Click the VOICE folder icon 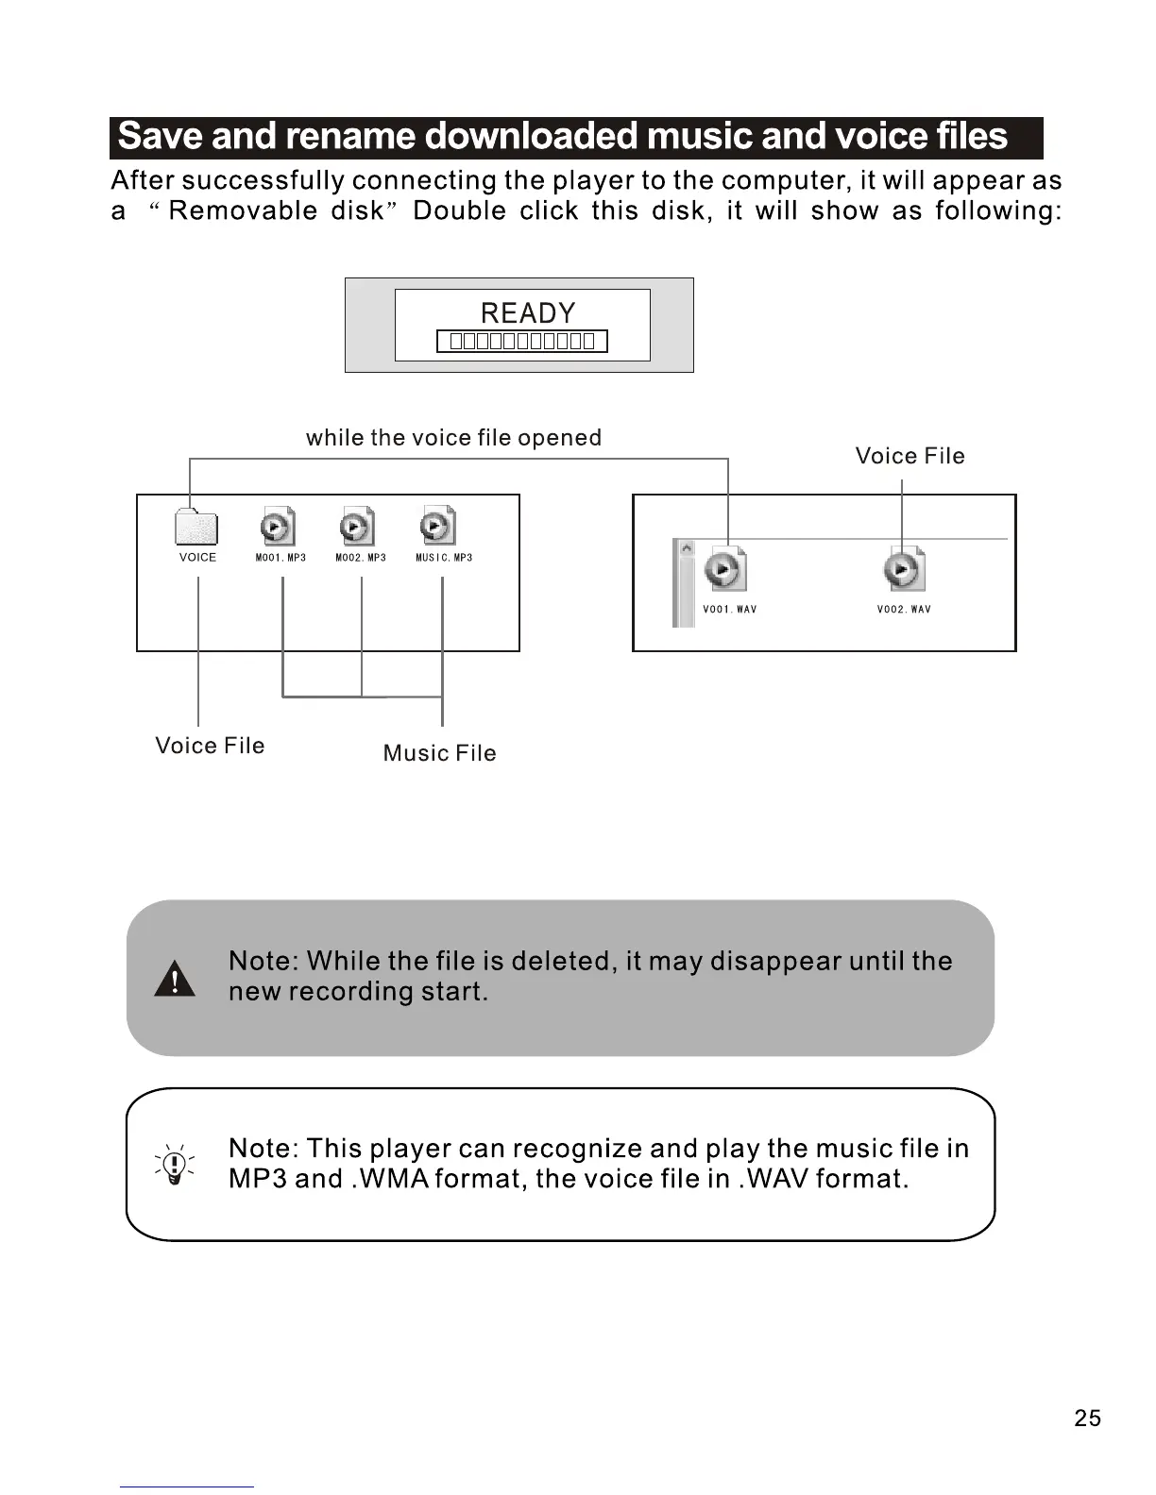coord(196,528)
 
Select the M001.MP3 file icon coord(277,526)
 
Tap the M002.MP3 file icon coord(356,526)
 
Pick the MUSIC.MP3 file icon coord(437,526)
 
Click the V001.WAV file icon coord(724,569)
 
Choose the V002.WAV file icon coord(904,569)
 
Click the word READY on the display coord(527,313)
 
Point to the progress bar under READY coord(521,342)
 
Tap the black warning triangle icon coord(175,979)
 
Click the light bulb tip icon coord(175,1165)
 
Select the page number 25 coord(1087,1419)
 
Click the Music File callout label coord(439,753)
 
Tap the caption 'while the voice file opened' coord(453,438)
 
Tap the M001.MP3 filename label coord(280,558)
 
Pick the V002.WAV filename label coord(904,610)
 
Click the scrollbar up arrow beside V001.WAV coord(687,548)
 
